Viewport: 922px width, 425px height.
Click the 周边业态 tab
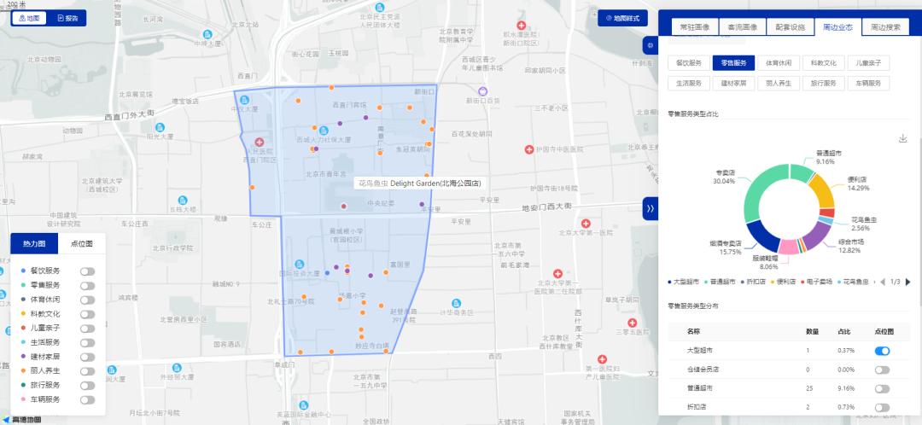[x=837, y=26]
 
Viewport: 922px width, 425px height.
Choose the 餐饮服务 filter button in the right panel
[x=688, y=62]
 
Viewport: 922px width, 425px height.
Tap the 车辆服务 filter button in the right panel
[x=868, y=83]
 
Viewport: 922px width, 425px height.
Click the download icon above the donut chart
[x=902, y=138]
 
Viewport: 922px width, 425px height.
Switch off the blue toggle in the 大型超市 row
[x=882, y=351]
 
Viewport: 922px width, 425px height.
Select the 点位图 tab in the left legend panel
[x=81, y=243]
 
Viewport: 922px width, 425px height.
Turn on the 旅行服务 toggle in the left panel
[x=87, y=385]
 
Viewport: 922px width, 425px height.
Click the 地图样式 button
[x=621, y=18]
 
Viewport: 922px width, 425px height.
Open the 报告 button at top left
[x=66, y=18]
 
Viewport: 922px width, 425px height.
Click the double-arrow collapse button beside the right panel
[x=650, y=208]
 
